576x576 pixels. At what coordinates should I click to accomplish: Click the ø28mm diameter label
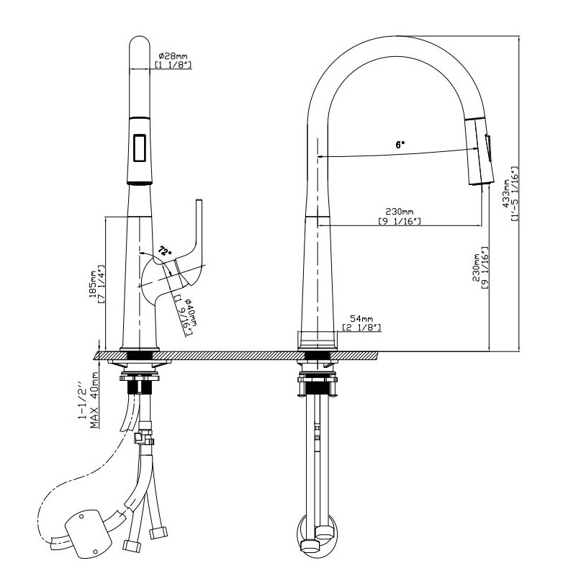[173, 56]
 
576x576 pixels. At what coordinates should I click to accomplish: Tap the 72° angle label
[165, 251]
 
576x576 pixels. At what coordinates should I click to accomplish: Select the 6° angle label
[400, 145]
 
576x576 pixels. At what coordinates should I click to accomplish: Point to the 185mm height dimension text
[93, 284]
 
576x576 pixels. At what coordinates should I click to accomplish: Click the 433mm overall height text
[507, 193]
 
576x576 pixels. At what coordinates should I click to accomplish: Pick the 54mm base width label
[361, 318]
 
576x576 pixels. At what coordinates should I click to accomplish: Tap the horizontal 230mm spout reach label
[400, 212]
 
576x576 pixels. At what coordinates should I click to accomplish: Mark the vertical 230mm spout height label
[477, 267]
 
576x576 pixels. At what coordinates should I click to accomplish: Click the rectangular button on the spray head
[140, 148]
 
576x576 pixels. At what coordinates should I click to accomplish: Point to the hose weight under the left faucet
[88, 534]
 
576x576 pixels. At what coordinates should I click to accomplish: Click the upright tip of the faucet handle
[199, 202]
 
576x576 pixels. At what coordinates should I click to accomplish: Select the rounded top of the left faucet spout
[140, 41]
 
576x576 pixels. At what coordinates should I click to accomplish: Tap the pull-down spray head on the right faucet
[480, 152]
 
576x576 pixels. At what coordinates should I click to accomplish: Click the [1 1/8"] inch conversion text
[173, 65]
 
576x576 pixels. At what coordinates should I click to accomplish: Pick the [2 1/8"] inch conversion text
[361, 327]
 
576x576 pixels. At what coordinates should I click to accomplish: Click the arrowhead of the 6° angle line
[320, 156]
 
